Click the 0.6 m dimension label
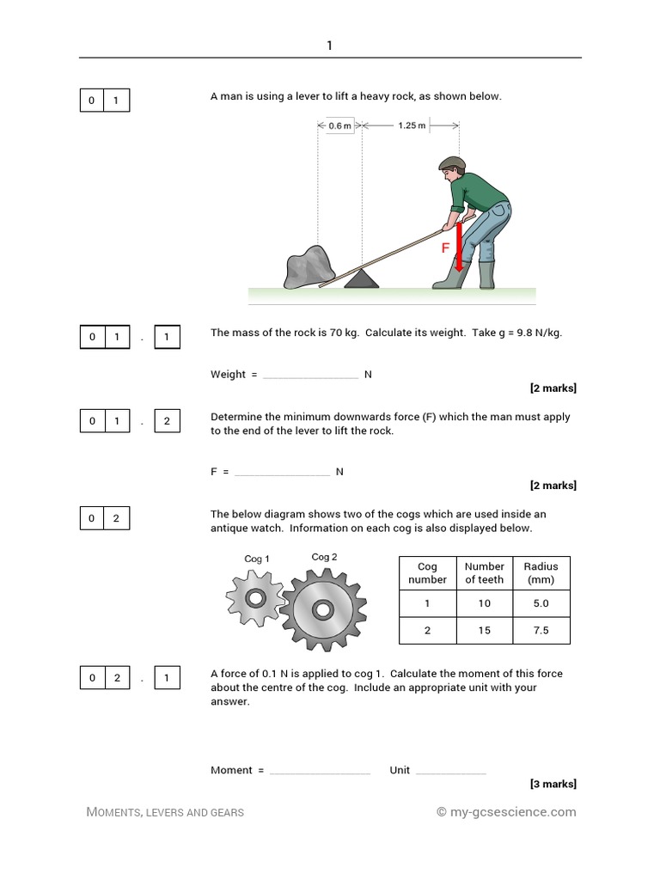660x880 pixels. [x=340, y=125]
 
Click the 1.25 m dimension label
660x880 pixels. [x=411, y=125]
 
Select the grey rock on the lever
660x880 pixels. [x=307, y=266]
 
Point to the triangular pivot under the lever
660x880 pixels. [x=361, y=278]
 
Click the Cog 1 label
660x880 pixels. [x=257, y=559]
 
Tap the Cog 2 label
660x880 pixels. [x=324, y=557]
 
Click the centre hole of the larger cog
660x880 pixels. [x=323, y=610]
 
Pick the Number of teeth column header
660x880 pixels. [x=484, y=572]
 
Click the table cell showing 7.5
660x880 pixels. [x=541, y=630]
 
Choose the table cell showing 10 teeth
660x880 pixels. [x=484, y=603]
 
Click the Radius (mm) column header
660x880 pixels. [x=541, y=572]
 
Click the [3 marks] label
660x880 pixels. [x=553, y=784]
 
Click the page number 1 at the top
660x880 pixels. [x=329, y=46]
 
